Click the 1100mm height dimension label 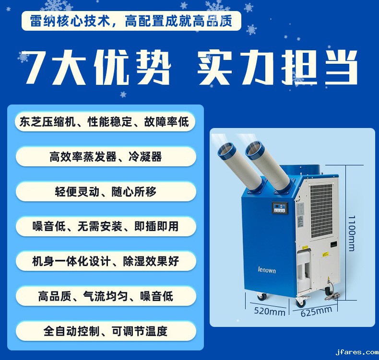[x=352, y=233]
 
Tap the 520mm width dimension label [x=270, y=311]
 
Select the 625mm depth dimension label [x=316, y=312]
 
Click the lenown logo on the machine [x=267, y=270]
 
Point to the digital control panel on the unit [x=280, y=208]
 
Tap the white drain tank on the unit [x=304, y=270]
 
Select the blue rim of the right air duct [x=254, y=150]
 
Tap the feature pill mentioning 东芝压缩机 [x=105, y=122]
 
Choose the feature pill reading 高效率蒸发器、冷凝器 [x=106, y=157]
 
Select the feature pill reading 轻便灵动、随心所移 [x=106, y=192]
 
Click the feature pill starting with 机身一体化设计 [x=106, y=261]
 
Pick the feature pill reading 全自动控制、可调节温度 [x=106, y=331]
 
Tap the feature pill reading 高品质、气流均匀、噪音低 [x=106, y=296]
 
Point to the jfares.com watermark [x=357, y=352]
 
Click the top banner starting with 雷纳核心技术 [x=131, y=21]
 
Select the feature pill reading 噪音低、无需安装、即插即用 [x=106, y=226]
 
